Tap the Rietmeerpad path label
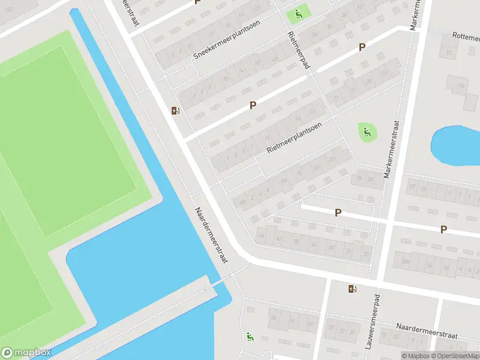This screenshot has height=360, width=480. click(298, 50)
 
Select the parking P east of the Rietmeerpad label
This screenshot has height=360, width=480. click(362, 47)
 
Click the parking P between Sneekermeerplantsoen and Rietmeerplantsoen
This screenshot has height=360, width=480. click(253, 105)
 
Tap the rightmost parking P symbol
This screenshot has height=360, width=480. click(443, 229)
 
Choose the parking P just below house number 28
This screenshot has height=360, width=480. click(338, 212)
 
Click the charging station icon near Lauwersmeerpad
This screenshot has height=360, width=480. click(352, 289)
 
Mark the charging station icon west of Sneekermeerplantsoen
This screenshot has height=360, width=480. click(175, 110)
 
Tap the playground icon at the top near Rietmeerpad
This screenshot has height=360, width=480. click(298, 14)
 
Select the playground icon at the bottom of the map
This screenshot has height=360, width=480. click(249, 337)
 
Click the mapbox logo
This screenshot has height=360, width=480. click(26, 353)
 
